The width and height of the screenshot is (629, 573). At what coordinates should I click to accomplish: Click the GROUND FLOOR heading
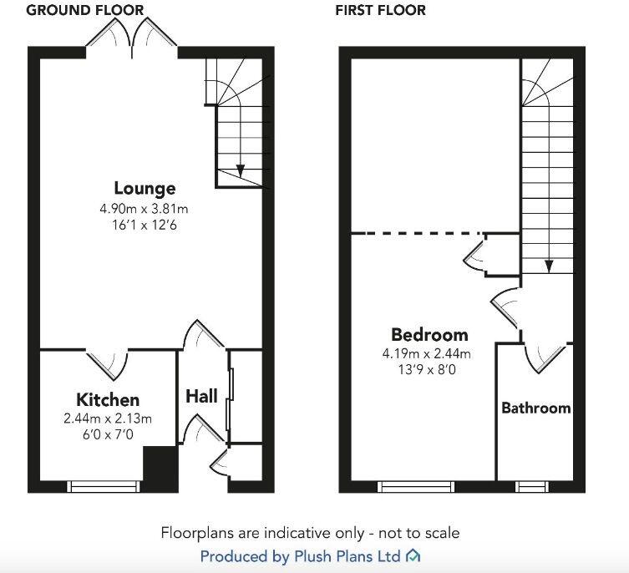click(x=85, y=10)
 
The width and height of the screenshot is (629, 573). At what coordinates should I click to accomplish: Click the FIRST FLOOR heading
click(x=380, y=10)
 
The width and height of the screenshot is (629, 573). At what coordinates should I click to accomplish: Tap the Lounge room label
click(x=145, y=188)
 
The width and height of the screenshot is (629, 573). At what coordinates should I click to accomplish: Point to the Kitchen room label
click(x=108, y=400)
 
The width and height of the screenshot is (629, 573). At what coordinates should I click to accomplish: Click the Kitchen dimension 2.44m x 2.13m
click(x=108, y=418)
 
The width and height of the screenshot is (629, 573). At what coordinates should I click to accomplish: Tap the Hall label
click(x=201, y=395)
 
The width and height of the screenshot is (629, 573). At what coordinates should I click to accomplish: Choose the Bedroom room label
click(x=429, y=336)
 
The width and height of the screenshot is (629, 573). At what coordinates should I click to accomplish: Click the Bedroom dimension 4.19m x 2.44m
click(x=427, y=353)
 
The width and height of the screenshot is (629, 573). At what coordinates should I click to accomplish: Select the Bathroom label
click(x=535, y=408)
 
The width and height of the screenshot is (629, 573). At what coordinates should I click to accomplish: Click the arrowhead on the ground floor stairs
click(x=241, y=170)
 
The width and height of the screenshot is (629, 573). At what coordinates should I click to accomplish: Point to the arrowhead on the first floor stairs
click(x=549, y=266)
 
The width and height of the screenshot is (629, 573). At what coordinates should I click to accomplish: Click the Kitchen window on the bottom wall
click(x=104, y=486)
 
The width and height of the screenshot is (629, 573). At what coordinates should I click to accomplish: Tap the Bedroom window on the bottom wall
click(x=416, y=486)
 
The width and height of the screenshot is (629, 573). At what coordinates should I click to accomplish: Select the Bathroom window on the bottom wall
click(x=530, y=486)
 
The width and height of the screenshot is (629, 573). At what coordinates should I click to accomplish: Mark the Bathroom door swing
click(x=543, y=357)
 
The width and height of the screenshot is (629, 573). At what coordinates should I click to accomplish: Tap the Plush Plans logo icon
click(x=413, y=555)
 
